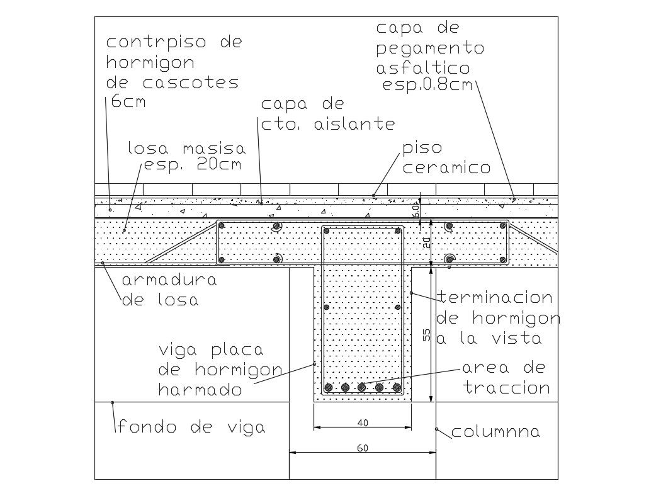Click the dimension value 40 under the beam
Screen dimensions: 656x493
pos(363,423)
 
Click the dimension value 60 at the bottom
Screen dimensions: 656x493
pos(363,448)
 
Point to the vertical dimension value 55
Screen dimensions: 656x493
pos(426,335)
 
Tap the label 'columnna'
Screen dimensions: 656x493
pos(495,432)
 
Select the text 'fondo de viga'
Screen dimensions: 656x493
pos(191,427)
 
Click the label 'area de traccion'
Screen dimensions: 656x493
pos(506,377)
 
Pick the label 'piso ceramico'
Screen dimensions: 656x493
pos(446,158)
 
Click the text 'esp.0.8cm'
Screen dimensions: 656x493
pos(427,86)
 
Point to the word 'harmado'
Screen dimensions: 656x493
pos(200,390)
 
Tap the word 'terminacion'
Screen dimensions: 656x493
pos(494,297)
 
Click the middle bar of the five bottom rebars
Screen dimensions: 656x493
pos(362,387)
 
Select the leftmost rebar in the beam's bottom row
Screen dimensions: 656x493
pos(327,387)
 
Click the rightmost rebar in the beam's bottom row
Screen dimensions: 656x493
pos(397,387)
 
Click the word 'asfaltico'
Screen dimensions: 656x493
pos(422,68)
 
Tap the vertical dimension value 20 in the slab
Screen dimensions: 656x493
pos(426,242)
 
